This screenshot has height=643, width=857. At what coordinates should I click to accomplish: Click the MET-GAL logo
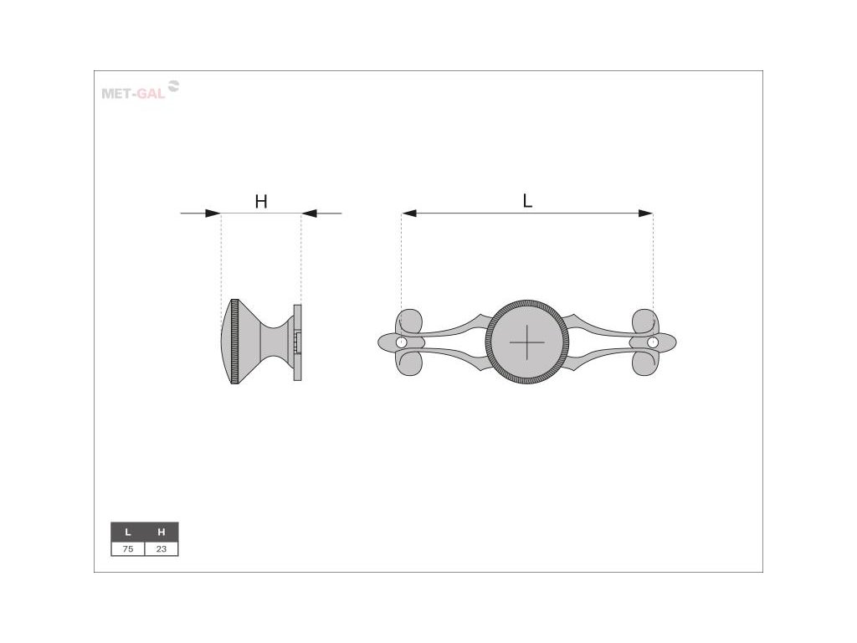pyautogui.click(x=141, y=90)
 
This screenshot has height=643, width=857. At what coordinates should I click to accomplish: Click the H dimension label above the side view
pyautogui.click(x=261, y=202)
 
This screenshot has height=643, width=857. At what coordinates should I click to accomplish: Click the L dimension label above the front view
pyautogui.click(x=527, y=201)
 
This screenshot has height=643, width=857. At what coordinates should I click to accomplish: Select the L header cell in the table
pyautogui.click(x=128, y=532)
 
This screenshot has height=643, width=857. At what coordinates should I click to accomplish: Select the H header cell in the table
pyautogui.click(x=162, y=532)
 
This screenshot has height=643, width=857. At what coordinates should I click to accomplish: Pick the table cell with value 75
pyautogui.click(x=128, y=549)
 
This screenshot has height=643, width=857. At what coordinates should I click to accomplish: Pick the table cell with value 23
pyautogui.click(x=162, y=549)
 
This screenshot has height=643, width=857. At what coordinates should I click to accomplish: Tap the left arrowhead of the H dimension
pyautogui.click(x=213, y=213)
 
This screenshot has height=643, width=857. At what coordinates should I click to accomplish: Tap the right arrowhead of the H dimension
pyautogui.click(x=309, y=213)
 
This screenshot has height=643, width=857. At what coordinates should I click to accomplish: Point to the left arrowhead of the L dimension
pyautogui.click(x=408, y=213)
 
